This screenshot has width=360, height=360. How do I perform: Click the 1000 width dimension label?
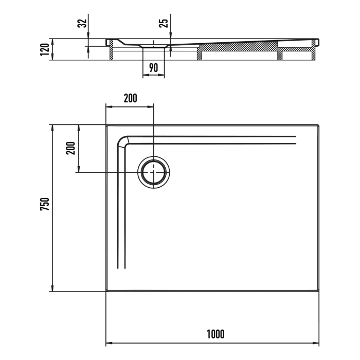pos(215,334)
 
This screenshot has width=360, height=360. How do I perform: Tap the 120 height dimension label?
pos(45,49)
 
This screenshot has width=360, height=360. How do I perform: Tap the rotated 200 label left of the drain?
pos(70,148)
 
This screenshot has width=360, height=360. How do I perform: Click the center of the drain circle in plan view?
pos(154,172)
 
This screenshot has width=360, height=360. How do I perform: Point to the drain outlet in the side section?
pos(154,47)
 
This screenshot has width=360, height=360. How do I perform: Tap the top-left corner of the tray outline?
pos(106,125)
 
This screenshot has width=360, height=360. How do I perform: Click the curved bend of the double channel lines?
pos(123,142)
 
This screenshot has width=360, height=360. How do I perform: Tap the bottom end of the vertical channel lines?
pos(121,268)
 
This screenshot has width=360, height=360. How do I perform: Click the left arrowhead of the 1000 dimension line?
pos(108,343)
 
